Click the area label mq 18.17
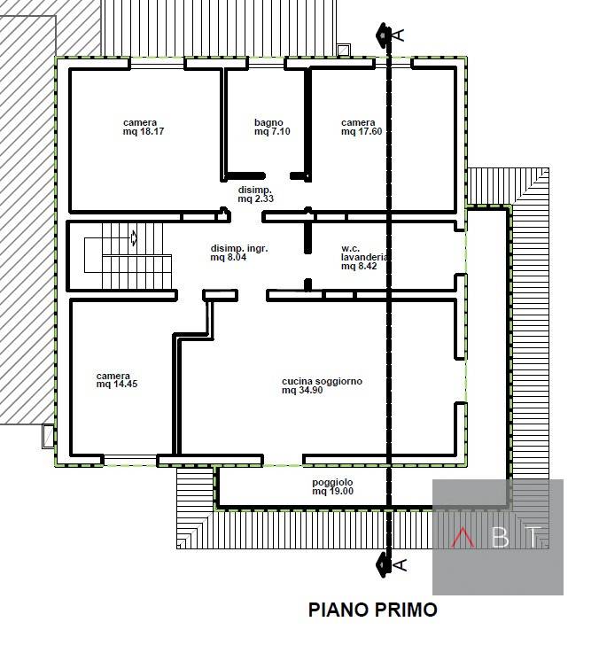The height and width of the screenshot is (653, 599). [x=144, y=132]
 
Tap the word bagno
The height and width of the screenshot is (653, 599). [x=268, y=122]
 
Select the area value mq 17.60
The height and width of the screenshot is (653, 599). [x=362, y=132]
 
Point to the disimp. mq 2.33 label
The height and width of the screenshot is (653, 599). [x=255, y=194]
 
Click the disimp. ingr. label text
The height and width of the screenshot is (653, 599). [x=239, y=249]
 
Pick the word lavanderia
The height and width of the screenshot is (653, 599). [x=364, y=257]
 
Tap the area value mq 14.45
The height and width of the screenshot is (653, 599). [x=117, y=384]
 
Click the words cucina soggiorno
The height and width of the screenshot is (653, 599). [x=322, y=382]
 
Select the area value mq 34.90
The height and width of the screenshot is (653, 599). [x=302, y=390]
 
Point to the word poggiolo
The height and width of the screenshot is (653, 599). [x=332, y=482]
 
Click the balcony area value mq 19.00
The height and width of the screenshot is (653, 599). [x=333, y=492]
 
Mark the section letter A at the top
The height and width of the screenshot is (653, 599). [x=399, y=35]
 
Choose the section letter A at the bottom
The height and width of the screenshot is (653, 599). [x=400, y=564]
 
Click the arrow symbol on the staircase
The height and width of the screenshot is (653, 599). [x=134, y=237]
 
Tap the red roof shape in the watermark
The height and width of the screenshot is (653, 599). [x=463, y=537]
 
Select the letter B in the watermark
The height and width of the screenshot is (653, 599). [x=501, y=537]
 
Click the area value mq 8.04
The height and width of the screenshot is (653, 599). [x=229, y=257]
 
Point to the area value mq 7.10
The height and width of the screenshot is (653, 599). [x=272, y=132]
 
